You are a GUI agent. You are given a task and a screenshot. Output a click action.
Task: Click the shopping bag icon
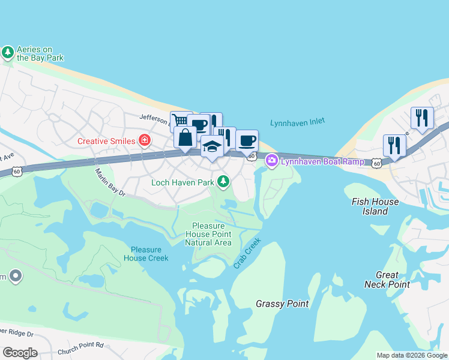(x=185, y=137)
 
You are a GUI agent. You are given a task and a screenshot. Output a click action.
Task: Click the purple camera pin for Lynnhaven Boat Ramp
(x=271, y=160)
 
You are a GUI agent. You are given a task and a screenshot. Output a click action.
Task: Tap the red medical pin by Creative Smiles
(x=144, y=141)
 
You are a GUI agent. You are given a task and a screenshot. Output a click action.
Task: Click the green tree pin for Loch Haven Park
(x=223, y=181)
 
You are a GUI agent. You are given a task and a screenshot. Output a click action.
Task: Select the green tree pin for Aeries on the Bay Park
(x=8, y=53)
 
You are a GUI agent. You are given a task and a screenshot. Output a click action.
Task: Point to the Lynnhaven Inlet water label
(x=297, y=122)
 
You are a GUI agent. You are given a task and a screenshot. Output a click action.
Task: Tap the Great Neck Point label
(x=387, y=280)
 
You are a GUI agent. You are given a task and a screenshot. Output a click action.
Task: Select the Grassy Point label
(x=282, y=304)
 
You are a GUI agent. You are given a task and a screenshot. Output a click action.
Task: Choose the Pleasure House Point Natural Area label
(x=208, y=234)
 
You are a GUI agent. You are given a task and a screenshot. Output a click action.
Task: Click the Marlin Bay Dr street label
(x=110, y=182)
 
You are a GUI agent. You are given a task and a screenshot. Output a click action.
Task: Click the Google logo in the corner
(x=20, y=353)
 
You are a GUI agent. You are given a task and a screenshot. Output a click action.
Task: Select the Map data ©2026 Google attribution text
(x=412, y=355)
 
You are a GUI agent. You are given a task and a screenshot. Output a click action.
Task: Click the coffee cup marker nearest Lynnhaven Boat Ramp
(x=247, y=141)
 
